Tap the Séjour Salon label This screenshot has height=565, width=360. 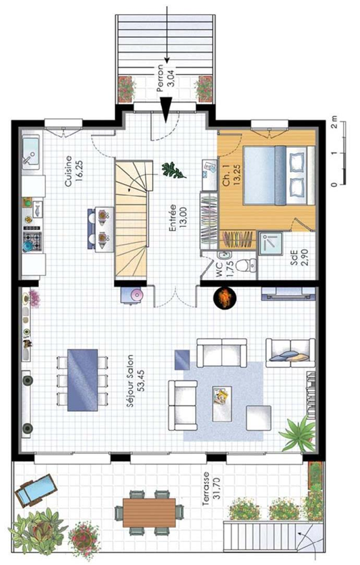coord(130,381)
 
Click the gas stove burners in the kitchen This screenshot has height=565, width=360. coord(32,238)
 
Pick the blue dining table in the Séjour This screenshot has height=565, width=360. coord(82,380)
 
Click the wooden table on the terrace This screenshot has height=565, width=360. coord(149,512)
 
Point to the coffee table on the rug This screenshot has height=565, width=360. coord(222,404)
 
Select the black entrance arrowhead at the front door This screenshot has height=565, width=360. coord(165,109)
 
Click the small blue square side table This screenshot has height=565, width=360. coord(182,359)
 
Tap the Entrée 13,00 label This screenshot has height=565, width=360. coord(177,218)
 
